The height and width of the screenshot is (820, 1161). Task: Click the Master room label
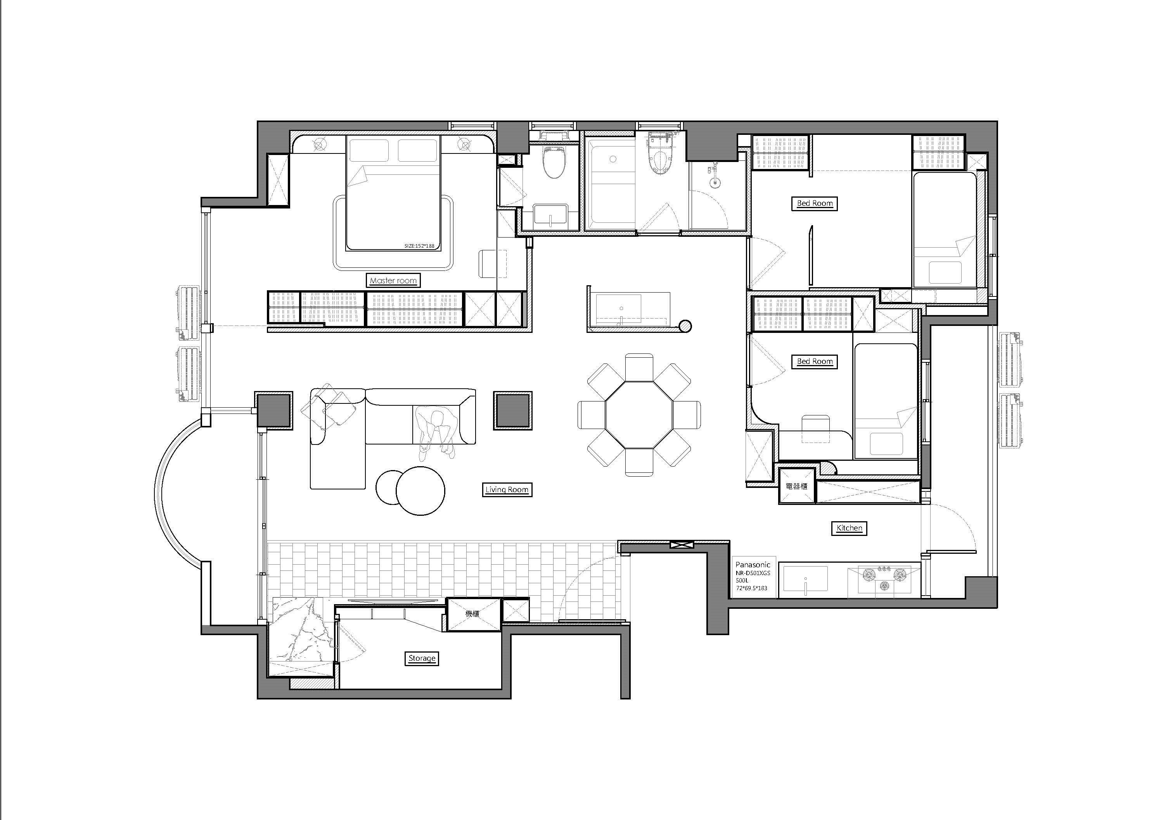click(393, 281)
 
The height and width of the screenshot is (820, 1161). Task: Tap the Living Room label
click(507, 489)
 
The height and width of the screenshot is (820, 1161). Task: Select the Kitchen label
click(849, 528)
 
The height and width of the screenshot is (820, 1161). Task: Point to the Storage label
click(422, 658)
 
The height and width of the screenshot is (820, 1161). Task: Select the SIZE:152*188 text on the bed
click(419, 246)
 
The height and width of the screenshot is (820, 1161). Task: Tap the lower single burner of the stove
click(884, 586)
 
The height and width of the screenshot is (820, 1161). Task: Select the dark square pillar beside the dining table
click(513, 410)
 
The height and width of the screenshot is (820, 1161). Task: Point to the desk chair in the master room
click(488, 263)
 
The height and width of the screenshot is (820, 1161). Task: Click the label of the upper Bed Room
click(814, 203)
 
